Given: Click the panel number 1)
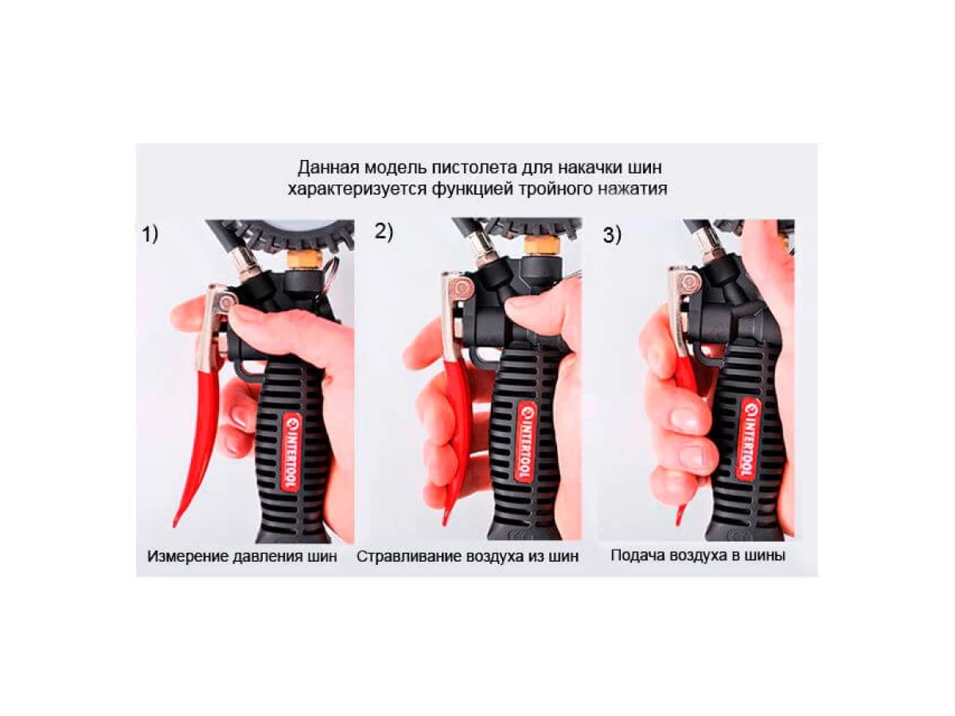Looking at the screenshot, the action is click(x=150, y=235).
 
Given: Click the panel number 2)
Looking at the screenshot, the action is click(x=384, y=232).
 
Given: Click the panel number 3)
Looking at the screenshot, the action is click(x=611, y=235).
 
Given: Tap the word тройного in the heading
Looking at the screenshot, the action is click(x=552, y=189).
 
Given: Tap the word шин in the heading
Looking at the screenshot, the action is click(x=645, y=167).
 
